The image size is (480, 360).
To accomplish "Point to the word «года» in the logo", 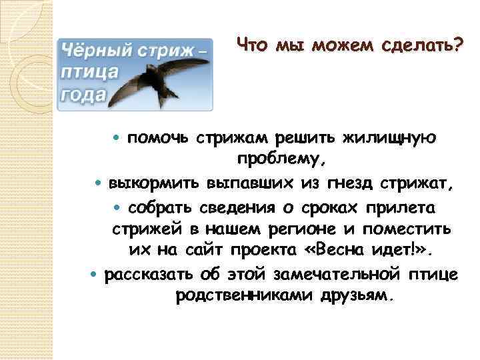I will click(x=83, y=94).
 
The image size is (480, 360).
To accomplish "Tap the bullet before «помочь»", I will click(x=119, y=138).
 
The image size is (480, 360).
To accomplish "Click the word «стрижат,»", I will click(x=423, y=183).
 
